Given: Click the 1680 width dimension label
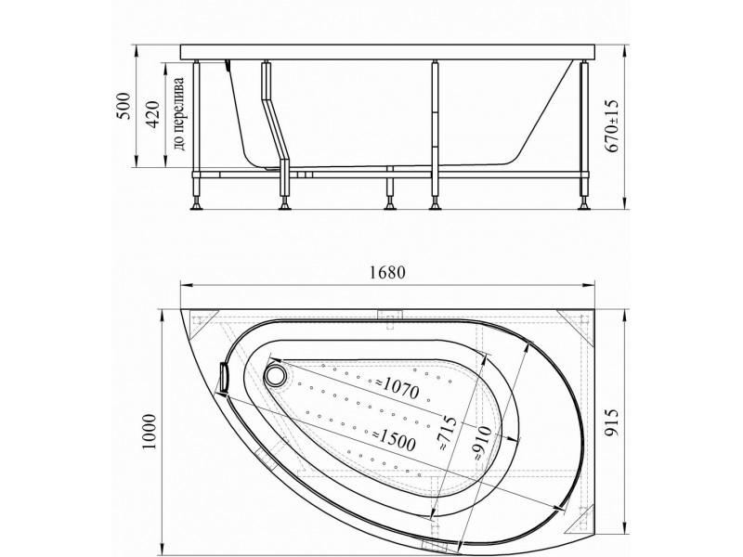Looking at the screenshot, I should [x=387, y=271].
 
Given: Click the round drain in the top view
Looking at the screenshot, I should [x=276, y=375].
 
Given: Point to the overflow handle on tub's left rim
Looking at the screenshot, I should [x=223, y=378].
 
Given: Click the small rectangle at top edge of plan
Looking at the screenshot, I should [x=389, y=315].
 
